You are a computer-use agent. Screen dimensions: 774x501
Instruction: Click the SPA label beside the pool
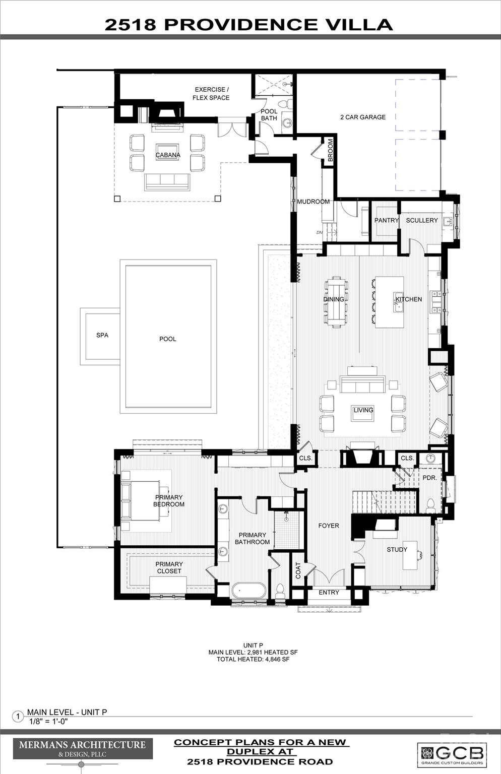coord(102,335)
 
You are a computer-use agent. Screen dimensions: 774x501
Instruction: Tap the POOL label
coord(168,339)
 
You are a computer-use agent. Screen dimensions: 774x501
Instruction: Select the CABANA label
coord(168,155)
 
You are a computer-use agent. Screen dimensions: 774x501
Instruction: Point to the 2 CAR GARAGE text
coord(363,117)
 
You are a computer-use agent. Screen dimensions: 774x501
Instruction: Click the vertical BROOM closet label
coord(331,150)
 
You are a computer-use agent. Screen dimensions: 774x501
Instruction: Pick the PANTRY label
coord(386,220)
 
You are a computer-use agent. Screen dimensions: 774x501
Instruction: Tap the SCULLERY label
coord(422,220)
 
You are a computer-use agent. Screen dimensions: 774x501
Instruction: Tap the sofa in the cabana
coord(168,182)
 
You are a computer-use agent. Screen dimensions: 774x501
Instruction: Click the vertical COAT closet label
coord(298,570)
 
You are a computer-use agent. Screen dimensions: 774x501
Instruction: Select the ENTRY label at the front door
coord(329,592)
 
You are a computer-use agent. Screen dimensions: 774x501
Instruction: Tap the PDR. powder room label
coord(429,477)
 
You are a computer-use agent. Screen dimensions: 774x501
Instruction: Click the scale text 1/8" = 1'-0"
coord(48,721)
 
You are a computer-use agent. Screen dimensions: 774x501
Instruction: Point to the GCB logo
coord(452,754)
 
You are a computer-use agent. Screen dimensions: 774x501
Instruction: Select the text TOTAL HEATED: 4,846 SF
coord(253,659)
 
